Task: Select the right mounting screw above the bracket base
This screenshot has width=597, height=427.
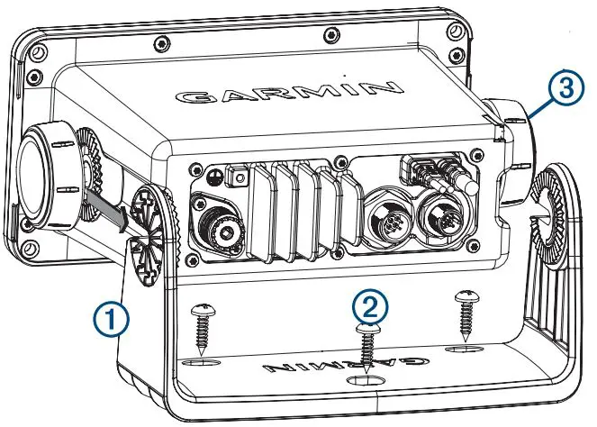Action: point(466,315)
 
